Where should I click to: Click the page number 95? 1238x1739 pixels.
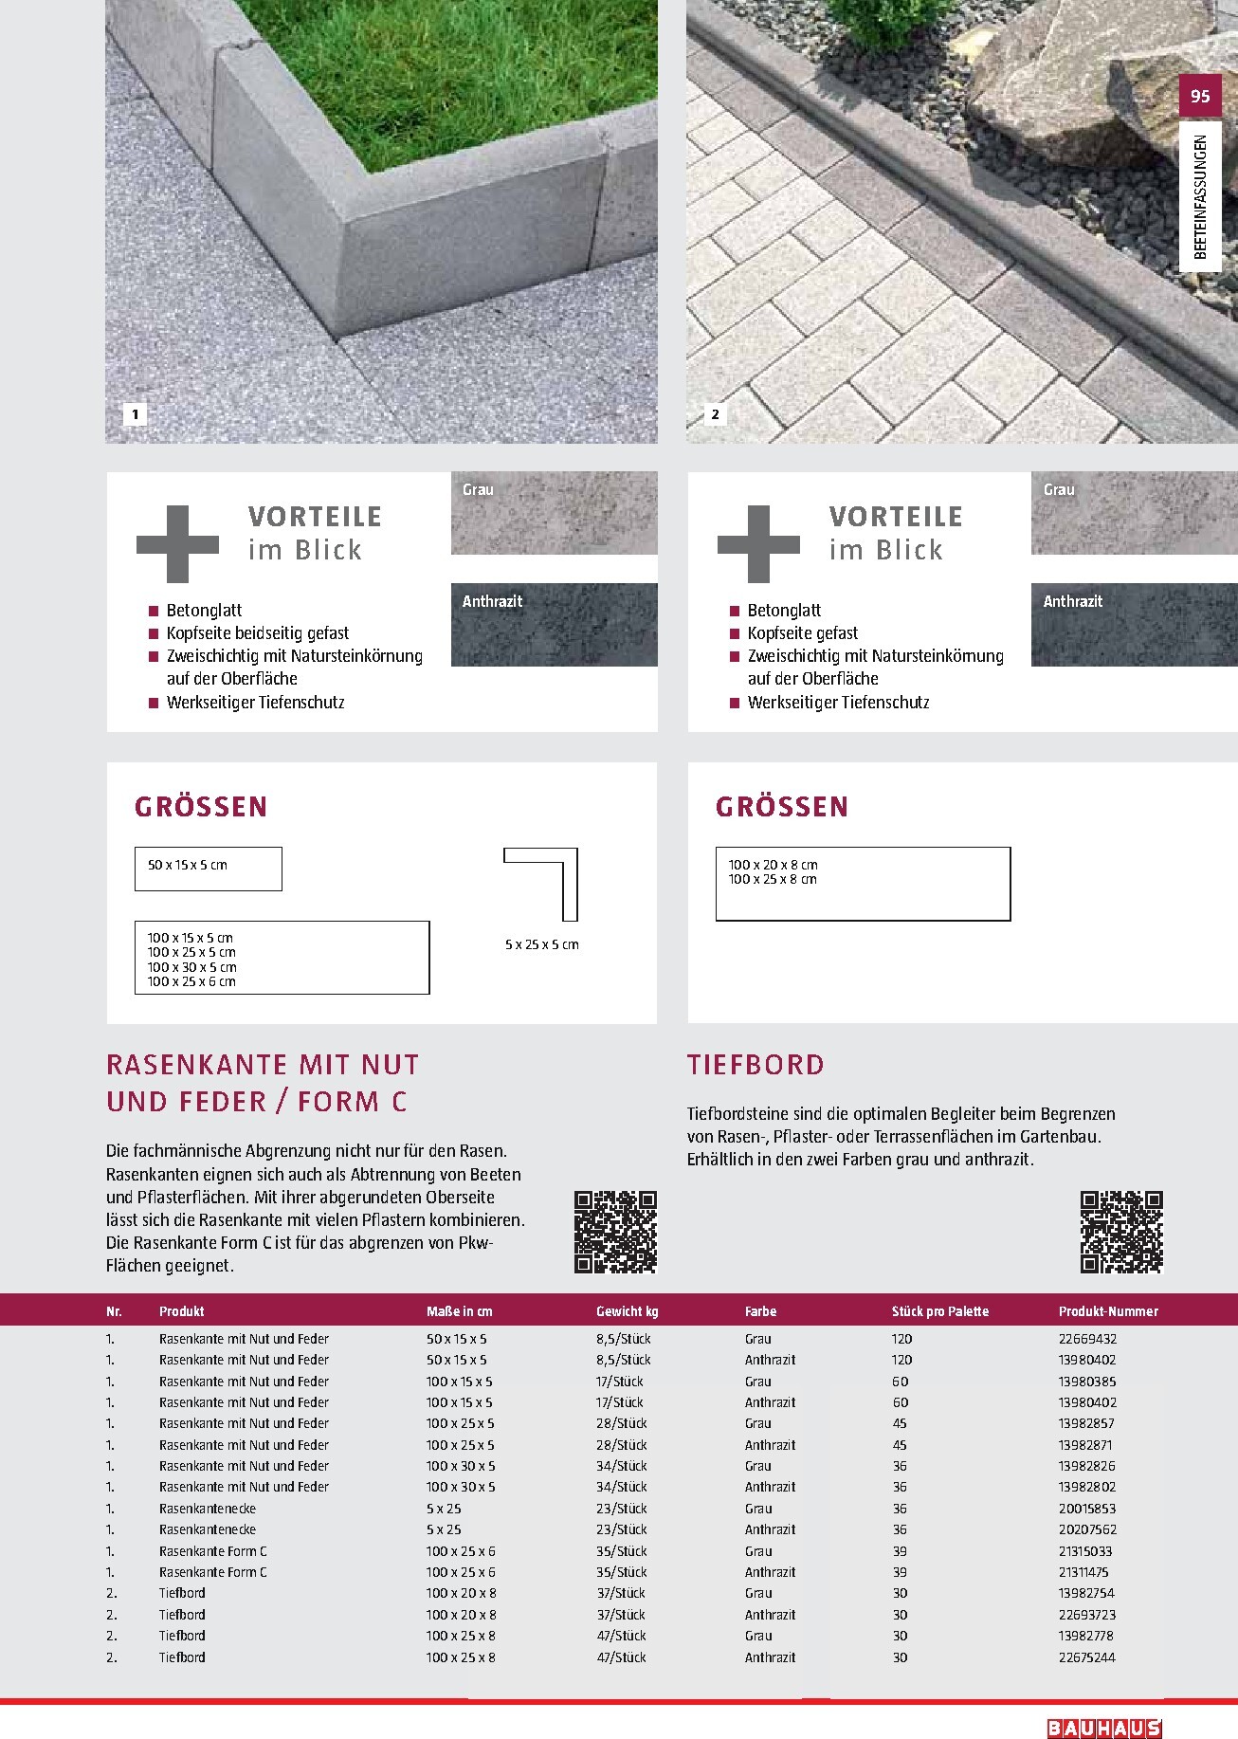(1200, 96)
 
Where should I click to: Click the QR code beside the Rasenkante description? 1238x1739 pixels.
(615, 1232)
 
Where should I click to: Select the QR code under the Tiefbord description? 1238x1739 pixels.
(1120, 1232)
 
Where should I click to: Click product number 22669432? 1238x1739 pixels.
(1087, 1339)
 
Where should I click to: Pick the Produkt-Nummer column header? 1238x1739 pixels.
(1108, 1311)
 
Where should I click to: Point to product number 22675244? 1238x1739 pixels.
(1087, 1657)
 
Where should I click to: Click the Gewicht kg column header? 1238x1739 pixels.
(627, 1311)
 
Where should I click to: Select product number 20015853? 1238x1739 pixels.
(1087, 1509)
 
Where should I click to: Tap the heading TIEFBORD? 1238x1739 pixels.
(756, 1065)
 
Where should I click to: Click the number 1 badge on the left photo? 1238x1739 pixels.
(136, 414)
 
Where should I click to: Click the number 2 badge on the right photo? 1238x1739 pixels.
(716, 414)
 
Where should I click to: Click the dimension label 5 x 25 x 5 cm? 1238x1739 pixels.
(541, 944)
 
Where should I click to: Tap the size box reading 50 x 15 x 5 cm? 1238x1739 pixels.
(209, 869)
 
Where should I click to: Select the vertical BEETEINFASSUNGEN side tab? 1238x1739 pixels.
(1200, 197)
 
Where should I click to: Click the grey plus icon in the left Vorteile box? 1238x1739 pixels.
(177, 543)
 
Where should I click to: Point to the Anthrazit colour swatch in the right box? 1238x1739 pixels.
(1134, 625)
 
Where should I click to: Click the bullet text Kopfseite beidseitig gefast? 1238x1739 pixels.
(258, 632)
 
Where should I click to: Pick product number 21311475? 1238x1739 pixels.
(1085, 1572)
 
